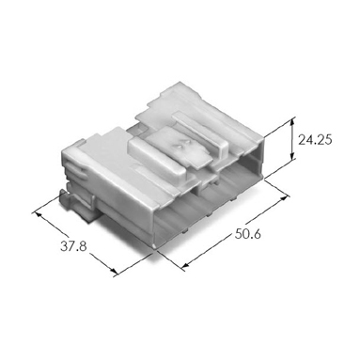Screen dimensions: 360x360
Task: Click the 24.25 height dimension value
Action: point(315,140)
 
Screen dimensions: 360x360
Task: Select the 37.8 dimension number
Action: point(73,246)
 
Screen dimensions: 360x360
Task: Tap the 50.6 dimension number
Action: point(247,234)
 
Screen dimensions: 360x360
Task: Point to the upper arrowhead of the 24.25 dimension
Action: point(292,121)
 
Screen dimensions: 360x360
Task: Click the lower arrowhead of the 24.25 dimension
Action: point(292,156)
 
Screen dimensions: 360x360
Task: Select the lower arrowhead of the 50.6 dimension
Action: point(185,267)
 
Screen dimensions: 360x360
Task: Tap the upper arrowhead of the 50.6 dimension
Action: point(285,197)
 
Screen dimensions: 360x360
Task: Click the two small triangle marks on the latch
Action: point(180,146)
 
